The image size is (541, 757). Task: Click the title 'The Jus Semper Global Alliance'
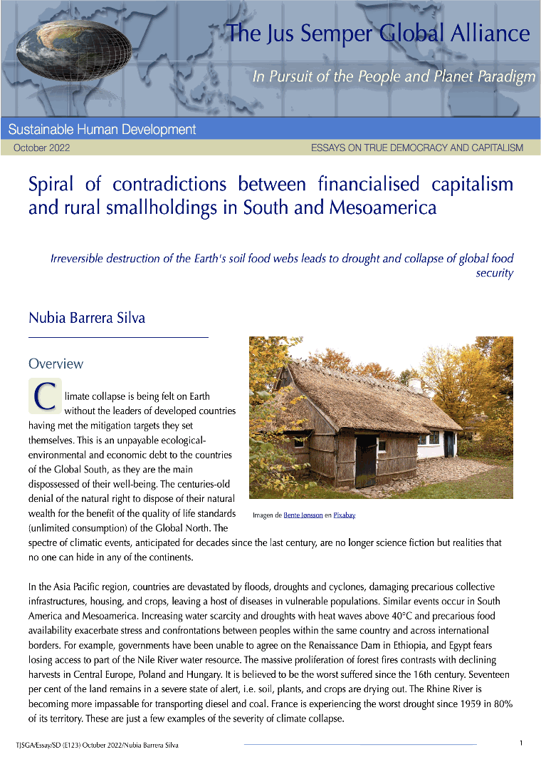pos(378,34)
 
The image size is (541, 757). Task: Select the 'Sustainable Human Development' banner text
pos(102,130)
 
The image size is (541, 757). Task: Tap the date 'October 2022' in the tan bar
pos(41,148)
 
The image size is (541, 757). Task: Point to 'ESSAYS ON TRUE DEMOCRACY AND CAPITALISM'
pos(416,148)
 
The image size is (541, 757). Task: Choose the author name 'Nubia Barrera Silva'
pos(86,318)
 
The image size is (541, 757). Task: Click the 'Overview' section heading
pos(56,364)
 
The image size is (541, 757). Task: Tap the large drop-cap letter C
pos(45,396)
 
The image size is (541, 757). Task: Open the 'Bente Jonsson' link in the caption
pos(303,515)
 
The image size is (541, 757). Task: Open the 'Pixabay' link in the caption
pos(345,515)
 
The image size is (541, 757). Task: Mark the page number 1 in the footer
pos(521,743)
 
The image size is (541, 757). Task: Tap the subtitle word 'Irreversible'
pos(78,259)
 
